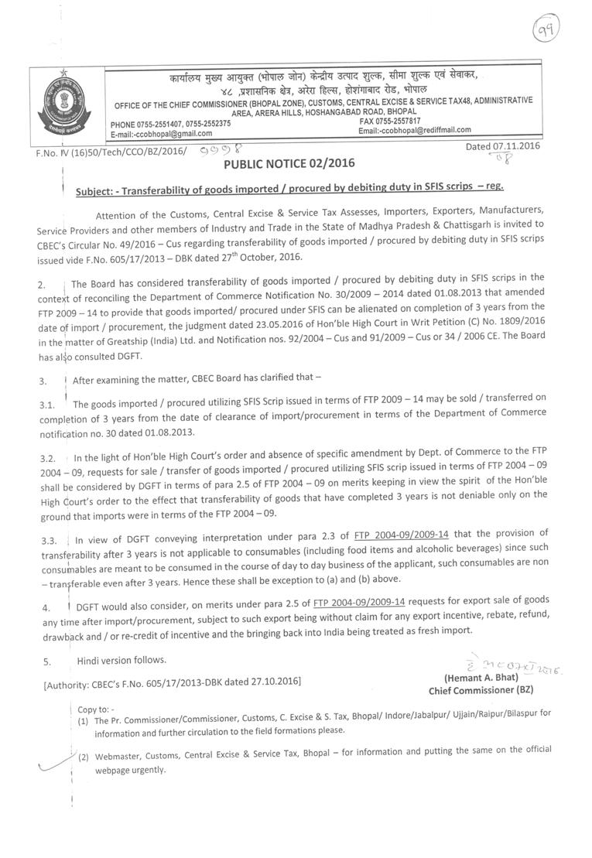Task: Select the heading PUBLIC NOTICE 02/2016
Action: [x=287, y=164]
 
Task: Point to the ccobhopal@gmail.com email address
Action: [x=164, y=133]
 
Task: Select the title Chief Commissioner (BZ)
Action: [x=481, y=690]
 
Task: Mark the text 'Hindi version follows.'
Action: [x=121, y=660]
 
